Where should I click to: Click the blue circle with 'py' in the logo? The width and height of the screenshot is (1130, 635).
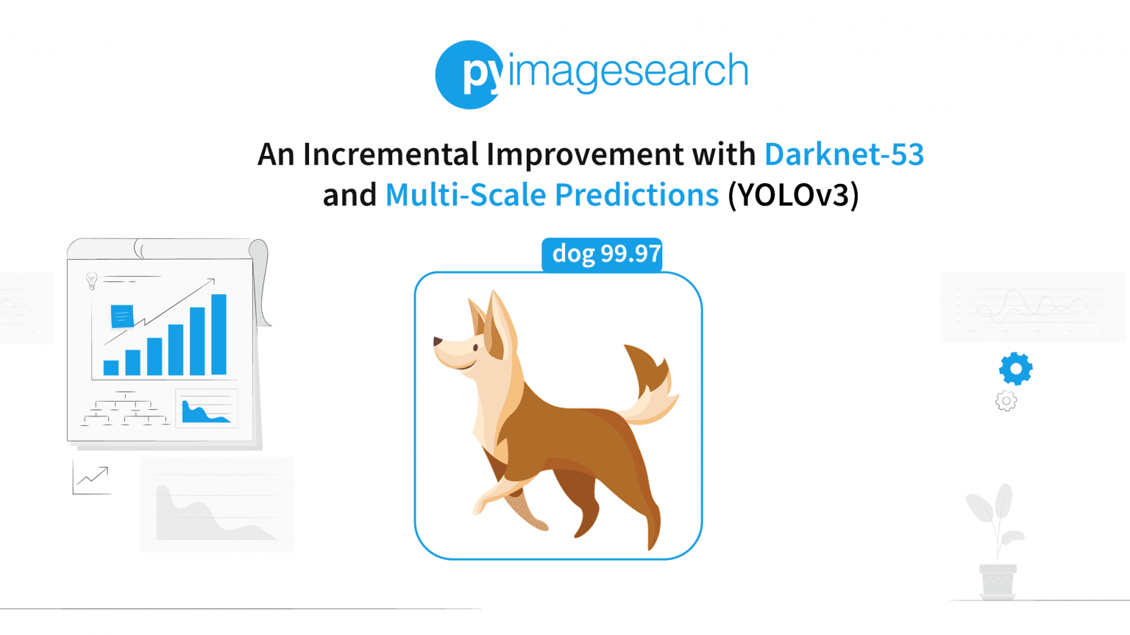point(469,74)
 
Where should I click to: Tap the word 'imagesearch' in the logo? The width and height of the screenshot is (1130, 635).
point(628,72)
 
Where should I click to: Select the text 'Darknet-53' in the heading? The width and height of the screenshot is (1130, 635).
point(844,155)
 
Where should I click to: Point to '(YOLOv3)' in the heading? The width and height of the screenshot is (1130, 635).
point(793,195)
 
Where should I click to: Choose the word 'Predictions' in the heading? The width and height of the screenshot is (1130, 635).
point(636,195)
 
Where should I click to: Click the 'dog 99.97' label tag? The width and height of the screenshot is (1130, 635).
point(603,255)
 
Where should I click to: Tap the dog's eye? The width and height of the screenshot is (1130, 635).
point(476,347)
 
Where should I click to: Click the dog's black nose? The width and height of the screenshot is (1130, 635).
point(438,341)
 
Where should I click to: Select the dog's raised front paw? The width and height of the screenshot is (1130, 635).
point(483,505)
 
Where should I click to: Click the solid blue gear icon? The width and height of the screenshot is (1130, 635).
point(1015,368)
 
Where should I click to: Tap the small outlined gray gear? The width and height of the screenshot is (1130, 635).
point(1006,401)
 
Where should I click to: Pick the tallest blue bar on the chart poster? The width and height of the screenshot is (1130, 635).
point(218,334)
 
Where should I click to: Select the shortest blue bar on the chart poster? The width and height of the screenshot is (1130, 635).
point(111,367)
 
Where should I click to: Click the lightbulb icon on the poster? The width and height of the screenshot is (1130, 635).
point(92,280)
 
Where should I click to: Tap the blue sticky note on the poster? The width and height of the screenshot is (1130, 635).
point(121,316)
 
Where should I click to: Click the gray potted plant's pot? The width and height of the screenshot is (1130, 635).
point(998,581)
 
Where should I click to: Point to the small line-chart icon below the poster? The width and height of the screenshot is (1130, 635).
point(92,478)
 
